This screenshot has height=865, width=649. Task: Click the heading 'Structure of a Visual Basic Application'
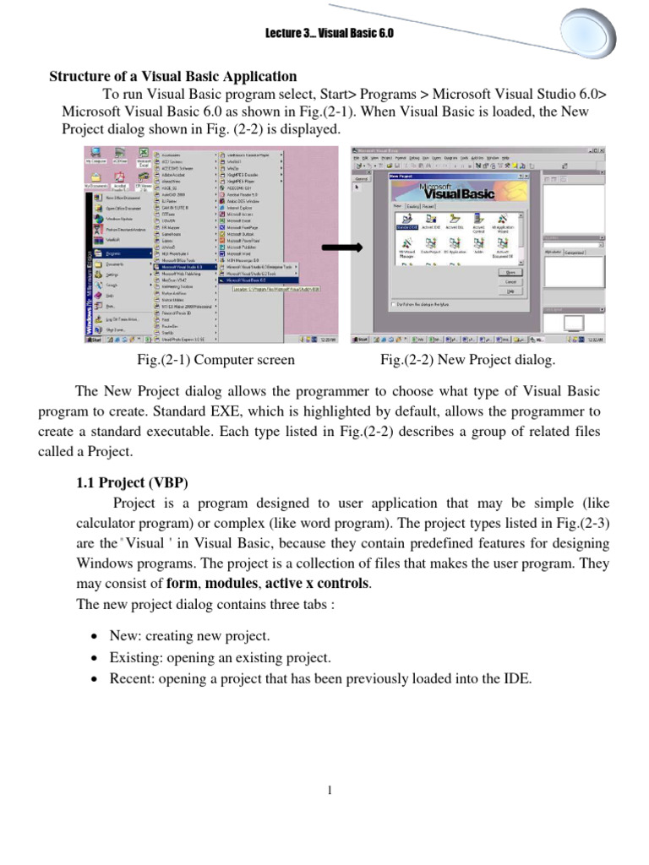pos(173,76)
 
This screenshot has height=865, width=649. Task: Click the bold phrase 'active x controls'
pos(319,583)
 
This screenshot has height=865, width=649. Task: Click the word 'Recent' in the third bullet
pos(130,678)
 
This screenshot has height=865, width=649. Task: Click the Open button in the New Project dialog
pos(510,273)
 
